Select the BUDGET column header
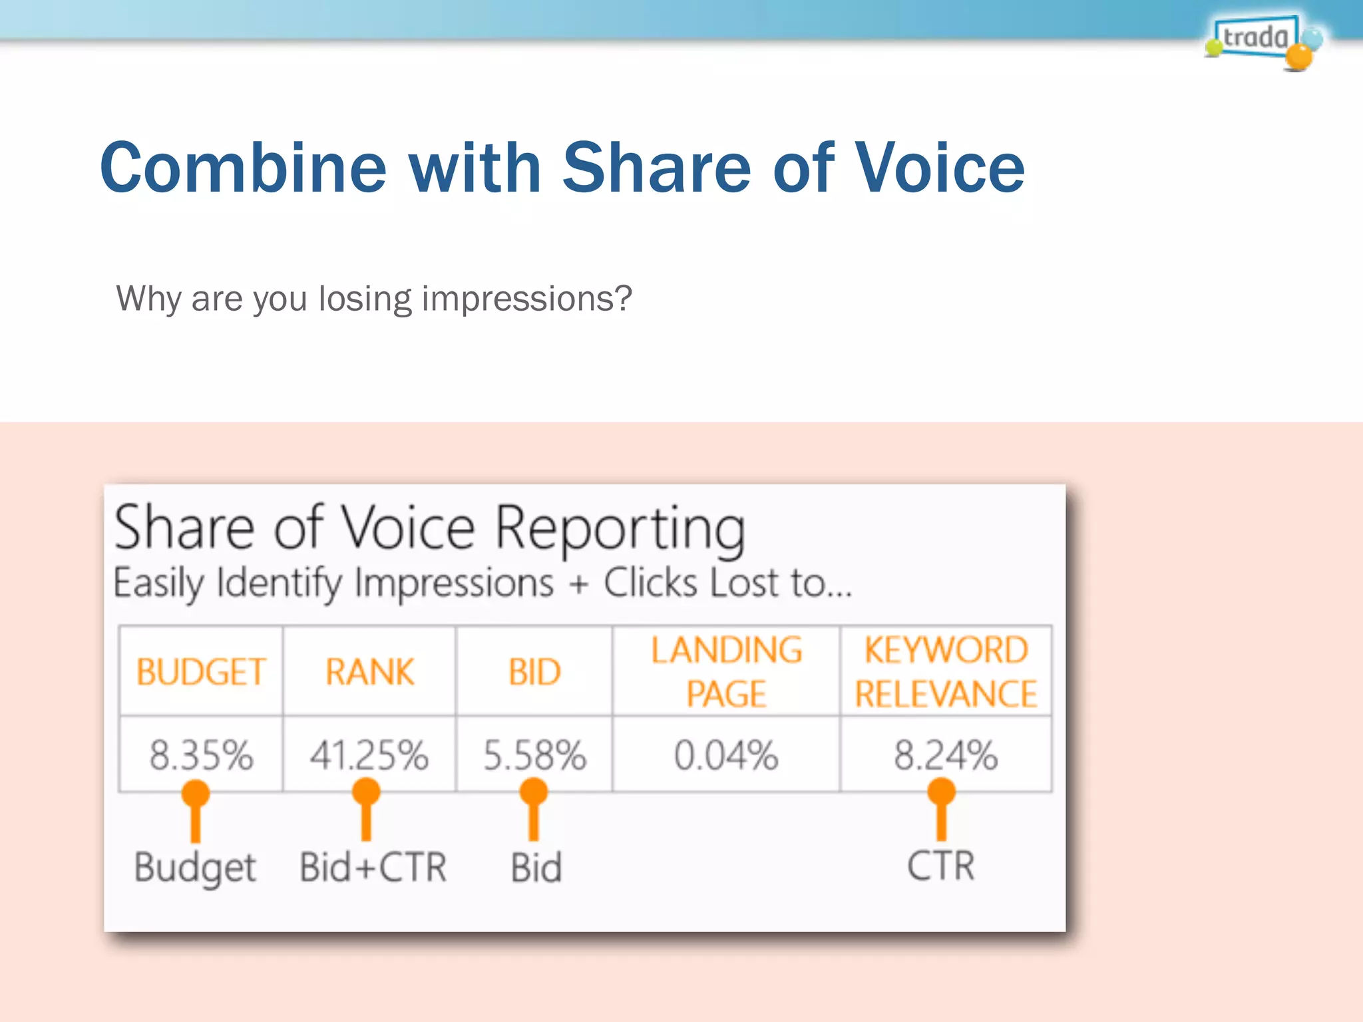coord(201,671)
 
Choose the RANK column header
coord(369,671)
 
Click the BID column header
coord(534,671)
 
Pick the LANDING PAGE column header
coord(726,671)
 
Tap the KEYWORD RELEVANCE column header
coord(946,671)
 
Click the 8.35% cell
coord(201,755)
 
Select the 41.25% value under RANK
coord(369,755)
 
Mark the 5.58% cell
coord(534,755)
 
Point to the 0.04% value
coord(726,755)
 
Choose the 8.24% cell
coord(946,755)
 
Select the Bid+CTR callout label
coord(373,867)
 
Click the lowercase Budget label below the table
coord(195,868)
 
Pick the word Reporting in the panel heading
coord(620,530)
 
